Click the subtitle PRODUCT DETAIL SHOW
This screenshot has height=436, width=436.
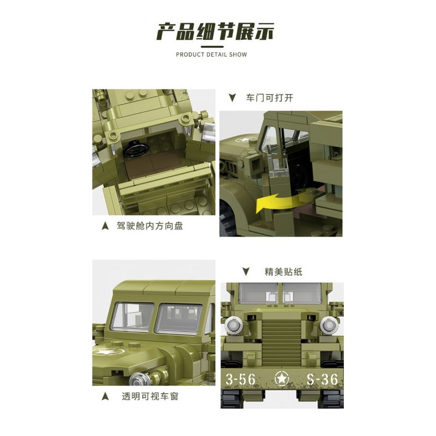coord(211,55)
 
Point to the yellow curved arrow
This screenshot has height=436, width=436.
coord(278,202)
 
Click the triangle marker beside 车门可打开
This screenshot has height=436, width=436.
coord(232,98)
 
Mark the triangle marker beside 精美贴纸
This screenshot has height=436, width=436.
coord(246,271)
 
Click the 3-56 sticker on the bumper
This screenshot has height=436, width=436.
coord(244,379)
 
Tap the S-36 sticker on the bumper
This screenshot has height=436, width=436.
coord(322,379)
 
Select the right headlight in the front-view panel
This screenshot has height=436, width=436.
coord(328,325)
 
